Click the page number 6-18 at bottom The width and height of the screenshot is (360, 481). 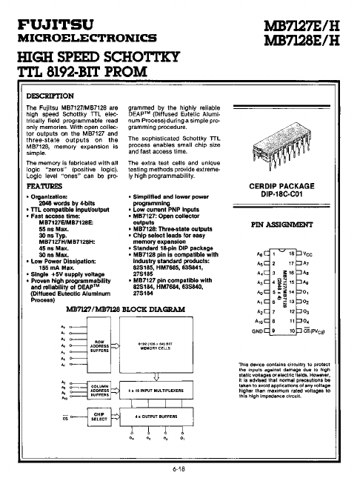pyautogui.click(x=180, y=469)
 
